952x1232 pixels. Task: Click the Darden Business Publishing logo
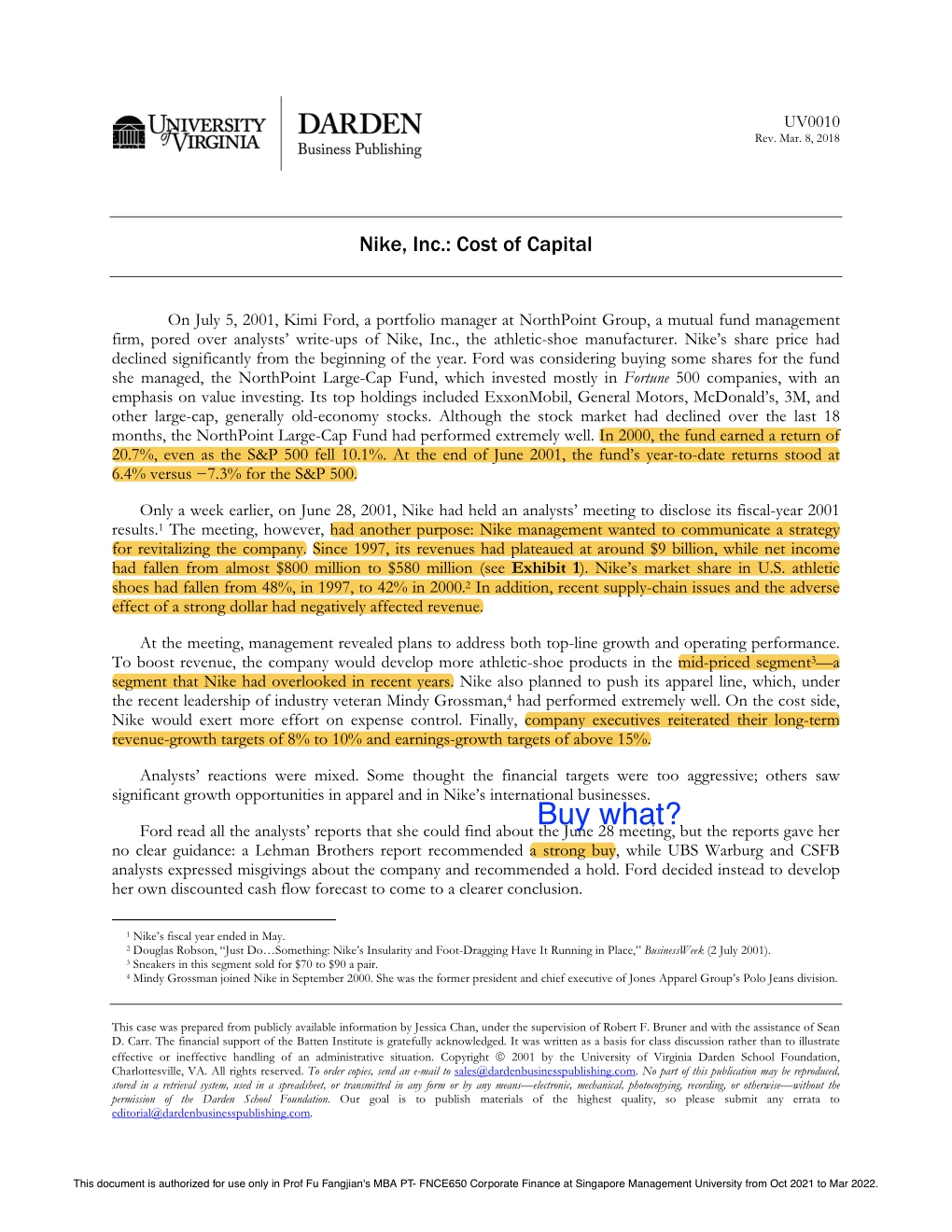[359, 134]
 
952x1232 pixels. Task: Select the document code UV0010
[811, 121]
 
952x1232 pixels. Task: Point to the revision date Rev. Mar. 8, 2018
[797, 138]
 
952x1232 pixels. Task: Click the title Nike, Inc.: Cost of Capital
[475, 245]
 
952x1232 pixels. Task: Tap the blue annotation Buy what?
[609, 814]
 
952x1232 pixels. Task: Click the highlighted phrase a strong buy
[573, 850]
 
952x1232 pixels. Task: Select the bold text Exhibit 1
[546, 567]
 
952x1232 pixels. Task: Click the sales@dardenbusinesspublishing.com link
[544, 1071]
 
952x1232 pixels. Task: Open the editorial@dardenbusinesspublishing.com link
[211, 1113]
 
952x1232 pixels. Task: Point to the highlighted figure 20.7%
[133, 455]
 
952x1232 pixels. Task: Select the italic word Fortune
[647, 378]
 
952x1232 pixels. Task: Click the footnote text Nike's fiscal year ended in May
[209, 936]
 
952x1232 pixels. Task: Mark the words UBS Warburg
[716, 850]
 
